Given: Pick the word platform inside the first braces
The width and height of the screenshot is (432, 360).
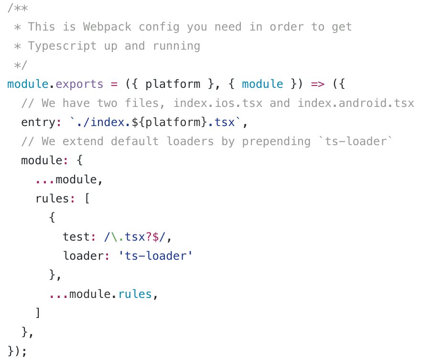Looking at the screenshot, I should click(x=173, y=84).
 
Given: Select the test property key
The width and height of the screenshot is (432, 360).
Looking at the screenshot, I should click(x=76, y=237).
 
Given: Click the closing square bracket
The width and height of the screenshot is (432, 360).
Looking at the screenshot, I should click(x=38, y=313).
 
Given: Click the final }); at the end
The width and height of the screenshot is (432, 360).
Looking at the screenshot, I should click(x=17, y=351).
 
